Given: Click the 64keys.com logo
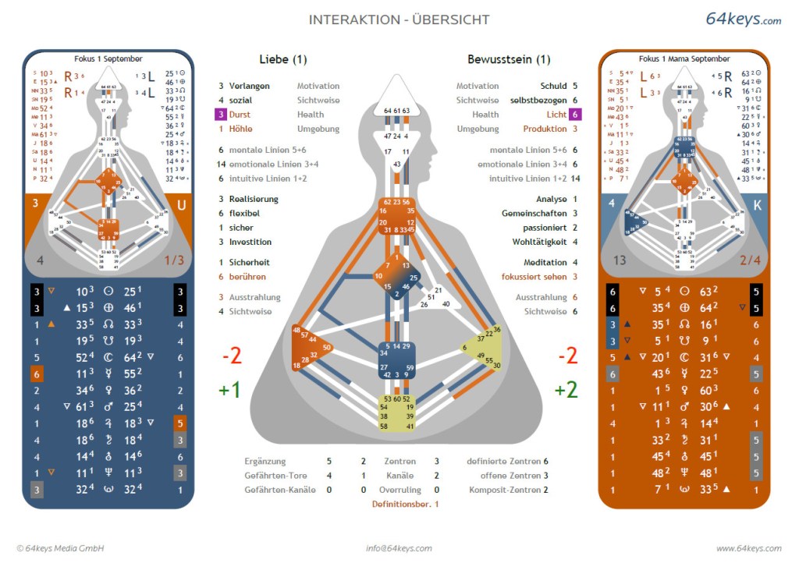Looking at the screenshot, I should click(x=743, y=19).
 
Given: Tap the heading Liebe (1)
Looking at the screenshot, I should click(x=283, y=59).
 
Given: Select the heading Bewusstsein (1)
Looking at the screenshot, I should click(x=509, y=59).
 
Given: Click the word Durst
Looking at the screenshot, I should click(x=240, y=114).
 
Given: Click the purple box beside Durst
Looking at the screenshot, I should click(x=221, y=114).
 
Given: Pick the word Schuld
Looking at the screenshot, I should click(x=553, y=86).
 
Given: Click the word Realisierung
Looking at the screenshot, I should click(x=254, y=199).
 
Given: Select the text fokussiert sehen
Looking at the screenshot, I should click(x=534, y=277).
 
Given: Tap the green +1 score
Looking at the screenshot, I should click(x=229, y=390).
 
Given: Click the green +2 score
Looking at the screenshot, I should click(x=567, y=390).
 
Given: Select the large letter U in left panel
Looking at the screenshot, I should click(x=181, y=205).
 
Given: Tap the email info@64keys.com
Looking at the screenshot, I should click(x=399, y=548).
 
